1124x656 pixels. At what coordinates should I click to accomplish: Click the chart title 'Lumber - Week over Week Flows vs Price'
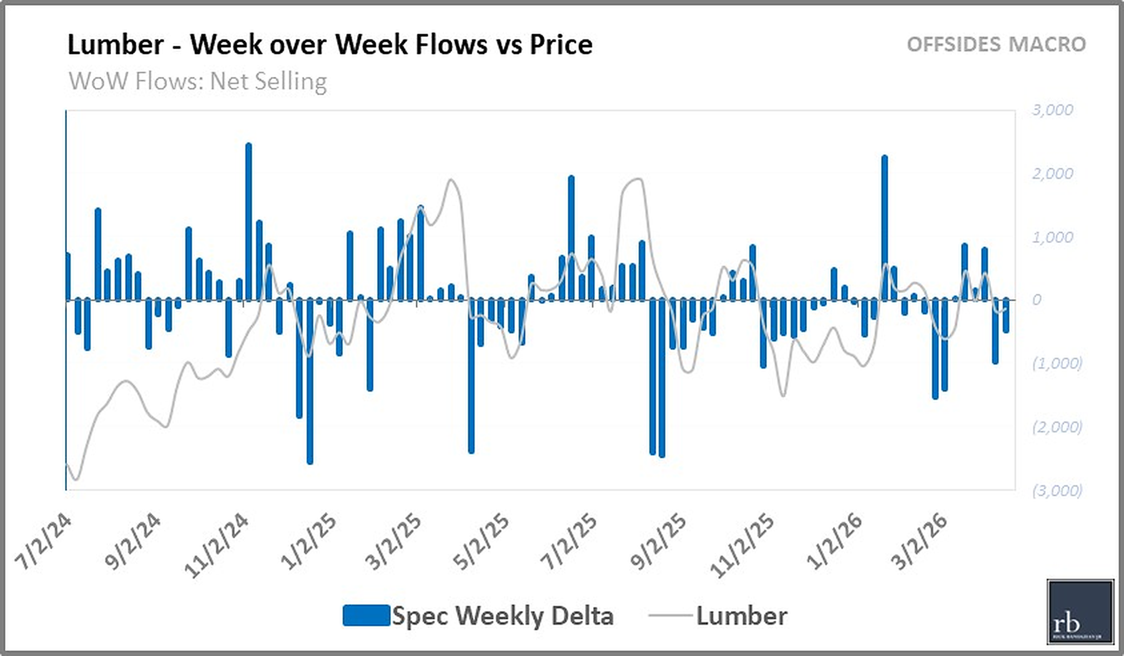(x=330, y=45)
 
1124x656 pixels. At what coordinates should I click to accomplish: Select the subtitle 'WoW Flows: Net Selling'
(x=197, y=81)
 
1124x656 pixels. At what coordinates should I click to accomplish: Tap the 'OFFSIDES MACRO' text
(x=996, y=44)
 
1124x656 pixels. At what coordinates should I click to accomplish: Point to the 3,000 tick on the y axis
(x=1052, y=110)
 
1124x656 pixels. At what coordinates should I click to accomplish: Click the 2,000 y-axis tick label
(x=1052, y=174)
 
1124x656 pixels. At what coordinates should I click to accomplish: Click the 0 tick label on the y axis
(x=1037, y=300)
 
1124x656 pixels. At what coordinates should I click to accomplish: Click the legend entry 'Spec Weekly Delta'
(x=502, y=616)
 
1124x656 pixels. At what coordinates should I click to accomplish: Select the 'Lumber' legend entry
(x=741, y=616)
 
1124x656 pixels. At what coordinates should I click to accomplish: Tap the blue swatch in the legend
(x=366, y=615)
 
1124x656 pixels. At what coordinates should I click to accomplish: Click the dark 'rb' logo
(x=1080, y=612)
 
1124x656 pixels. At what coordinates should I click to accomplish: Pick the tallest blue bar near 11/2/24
(x=249, y=222)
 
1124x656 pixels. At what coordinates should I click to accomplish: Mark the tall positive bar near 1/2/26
(x=884, y=228)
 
